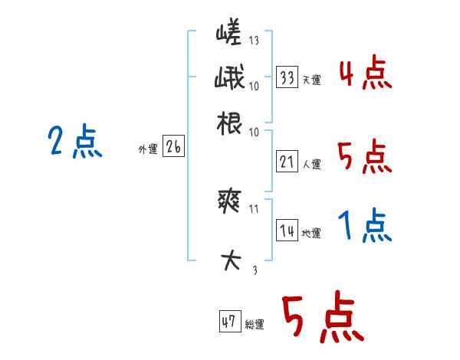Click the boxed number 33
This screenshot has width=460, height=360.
point(287,77)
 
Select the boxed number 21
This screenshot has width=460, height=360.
point(287,162)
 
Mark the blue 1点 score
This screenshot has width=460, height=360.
point(365,226)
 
